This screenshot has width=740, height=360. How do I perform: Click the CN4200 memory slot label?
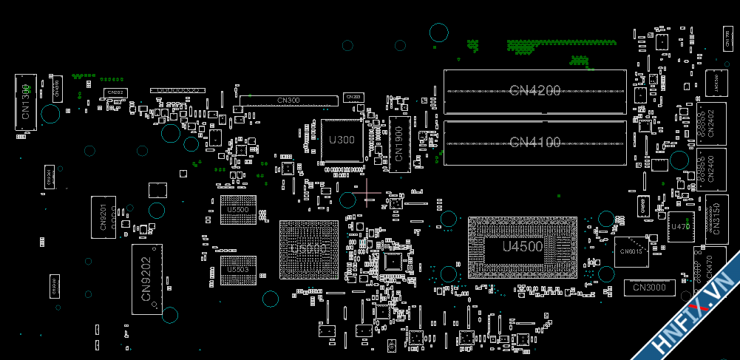tap(534, 90)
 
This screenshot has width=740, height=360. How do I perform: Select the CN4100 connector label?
tap(534, 142)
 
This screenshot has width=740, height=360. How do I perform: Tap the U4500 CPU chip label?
tap(522, 247)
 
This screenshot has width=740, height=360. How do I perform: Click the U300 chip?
tap(342, 140)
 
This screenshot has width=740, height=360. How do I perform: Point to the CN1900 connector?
tap(399, 143)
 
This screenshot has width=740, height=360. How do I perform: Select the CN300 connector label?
tap(288, 100)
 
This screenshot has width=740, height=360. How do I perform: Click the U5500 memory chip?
tap(237, 210)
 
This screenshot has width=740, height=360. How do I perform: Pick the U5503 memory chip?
tap(237, 270)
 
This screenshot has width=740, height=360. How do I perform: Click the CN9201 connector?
tap(103, 217)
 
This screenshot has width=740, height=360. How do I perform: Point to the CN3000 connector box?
tap(649, 287)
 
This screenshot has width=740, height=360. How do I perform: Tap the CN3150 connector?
tap(714, 219)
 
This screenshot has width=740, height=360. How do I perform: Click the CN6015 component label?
tap(631, 251)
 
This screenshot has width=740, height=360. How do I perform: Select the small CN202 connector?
tap(115, 92)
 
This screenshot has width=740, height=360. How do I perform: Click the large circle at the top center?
tap(439, 32)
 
